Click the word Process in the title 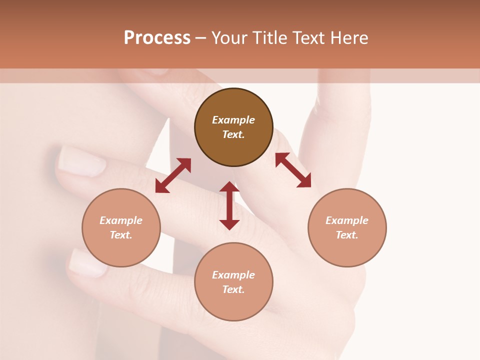click(x=157, y=38)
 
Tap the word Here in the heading click(x=348, y=38)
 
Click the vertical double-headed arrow click(x=229, y=205)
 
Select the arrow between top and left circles click(x=173, y=175)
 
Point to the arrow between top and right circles click(x=293, y=170)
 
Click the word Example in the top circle click(x=233, y=120)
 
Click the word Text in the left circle click(x=121, y=235)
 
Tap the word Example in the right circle click(x=347, y=220)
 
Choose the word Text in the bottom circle click(x=233, y=289)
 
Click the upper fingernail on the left click(x=81, y=161)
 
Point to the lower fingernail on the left click(x=87, y=262)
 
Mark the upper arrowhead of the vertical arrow click(x=229, y=188)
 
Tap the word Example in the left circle click(x=121, y=220)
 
